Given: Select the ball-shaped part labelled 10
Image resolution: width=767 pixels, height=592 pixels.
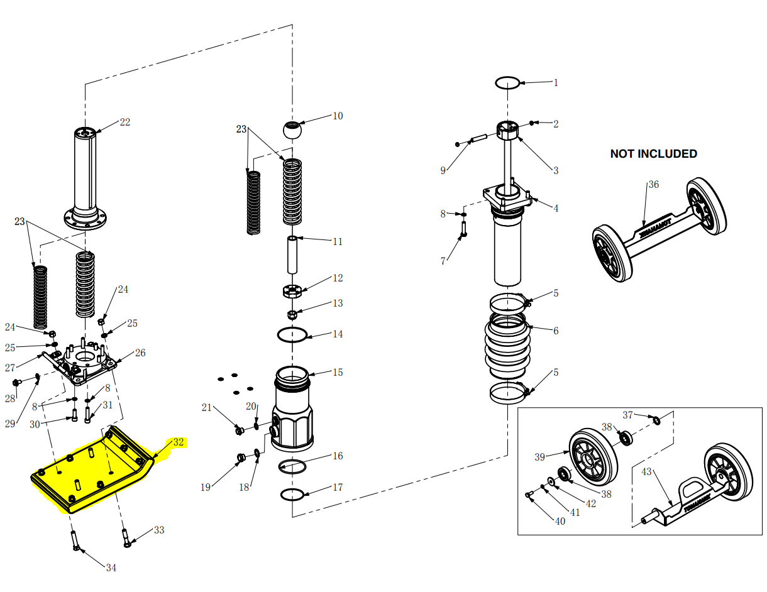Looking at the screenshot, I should coord(292,130).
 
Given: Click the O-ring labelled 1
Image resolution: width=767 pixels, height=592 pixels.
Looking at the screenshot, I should coord(507,82).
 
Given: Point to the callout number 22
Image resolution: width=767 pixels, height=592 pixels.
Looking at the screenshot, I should coord(125,122).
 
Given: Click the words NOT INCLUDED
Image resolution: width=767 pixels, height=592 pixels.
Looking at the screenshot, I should coord(653,154).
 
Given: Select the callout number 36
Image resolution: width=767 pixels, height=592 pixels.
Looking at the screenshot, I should coord(654,185).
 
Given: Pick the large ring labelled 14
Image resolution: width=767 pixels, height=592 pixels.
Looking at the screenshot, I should coord(292,335).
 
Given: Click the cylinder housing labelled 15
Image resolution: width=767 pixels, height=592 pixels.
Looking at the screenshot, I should coord(292,408).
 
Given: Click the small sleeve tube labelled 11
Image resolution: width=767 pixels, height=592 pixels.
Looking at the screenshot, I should coord(292,255).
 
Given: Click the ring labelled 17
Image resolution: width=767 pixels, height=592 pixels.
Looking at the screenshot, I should coord(292,495).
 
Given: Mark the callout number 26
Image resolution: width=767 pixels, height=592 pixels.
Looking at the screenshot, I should coord(140,353).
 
